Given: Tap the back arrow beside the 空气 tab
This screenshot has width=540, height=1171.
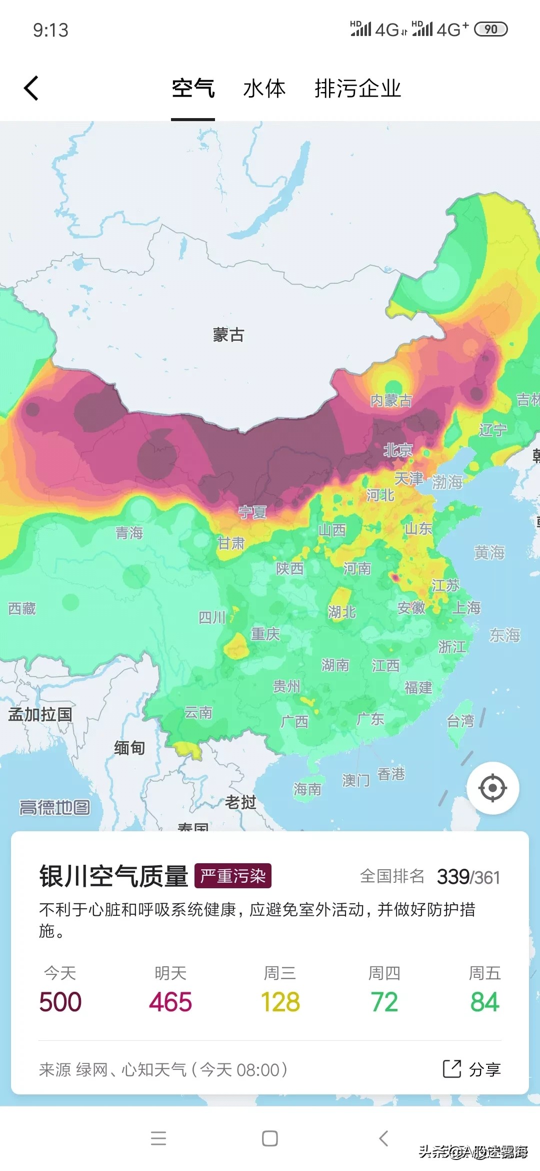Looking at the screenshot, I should pyautogui.click(x=31, y=89).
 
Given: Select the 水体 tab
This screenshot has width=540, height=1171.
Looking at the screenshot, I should pyautogui.click(x=264, y=89).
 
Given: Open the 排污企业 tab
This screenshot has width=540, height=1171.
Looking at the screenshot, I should pyautogui.click(x=357, y=89).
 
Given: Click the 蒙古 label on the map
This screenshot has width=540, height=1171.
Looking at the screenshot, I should pyautogui.click(x=228, y=335).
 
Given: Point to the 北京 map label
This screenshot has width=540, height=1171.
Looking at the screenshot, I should pyautogui.click(x=398, y=450).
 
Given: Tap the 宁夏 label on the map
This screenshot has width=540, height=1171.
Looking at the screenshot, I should pyautogui.click(x=252, y=512).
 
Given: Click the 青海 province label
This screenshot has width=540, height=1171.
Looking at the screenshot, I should pyautogui.click(x=129, y=533).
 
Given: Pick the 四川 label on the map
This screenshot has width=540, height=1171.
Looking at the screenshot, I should pyautogui.click(x=212, y=618).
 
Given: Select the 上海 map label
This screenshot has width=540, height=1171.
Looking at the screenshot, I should pyautogui.click(x=466, y=608).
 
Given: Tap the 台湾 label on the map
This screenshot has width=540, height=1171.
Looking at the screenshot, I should pyautogui.click(x=460, y=721).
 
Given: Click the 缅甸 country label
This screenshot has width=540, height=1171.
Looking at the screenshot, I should pyautogui.click(x=129, y=748).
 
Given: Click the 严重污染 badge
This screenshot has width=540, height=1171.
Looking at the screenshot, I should pyautogui.click(x=233, y=876).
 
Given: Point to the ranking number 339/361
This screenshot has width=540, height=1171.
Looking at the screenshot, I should pyautogui.click(x=468, y=877).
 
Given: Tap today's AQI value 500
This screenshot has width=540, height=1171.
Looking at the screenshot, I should pyautogui.click(x=60, y=1002).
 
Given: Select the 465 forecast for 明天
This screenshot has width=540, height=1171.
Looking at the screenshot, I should pyautogui.click(x=170, y=1002).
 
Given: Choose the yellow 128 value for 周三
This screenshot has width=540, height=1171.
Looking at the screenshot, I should pyautogui.click(x=280, y=1002).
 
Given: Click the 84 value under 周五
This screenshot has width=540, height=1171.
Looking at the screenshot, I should pyautogui.click(x=484, y=1002).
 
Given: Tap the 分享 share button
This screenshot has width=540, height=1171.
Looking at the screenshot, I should pyautogui.click(x=472, y=1069).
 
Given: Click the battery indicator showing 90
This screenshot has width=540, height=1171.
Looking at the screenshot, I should pyautogui.click(x=490, y=30).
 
